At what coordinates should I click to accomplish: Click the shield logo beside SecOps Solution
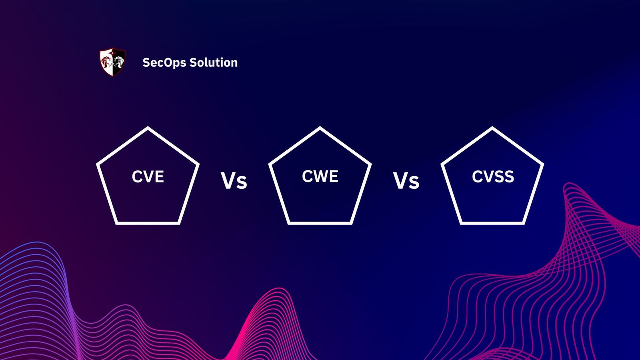click(112, 62)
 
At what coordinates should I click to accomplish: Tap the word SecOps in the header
click(164, 63)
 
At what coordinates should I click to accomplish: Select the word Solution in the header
click(214, 62)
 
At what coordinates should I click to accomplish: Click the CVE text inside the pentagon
click(148, 177)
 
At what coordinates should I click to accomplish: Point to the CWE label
click(320, 176)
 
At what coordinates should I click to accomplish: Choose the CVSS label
click(493, 177)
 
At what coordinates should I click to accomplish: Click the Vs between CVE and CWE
click(234, 181)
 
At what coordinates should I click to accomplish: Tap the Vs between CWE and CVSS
click(406, 181)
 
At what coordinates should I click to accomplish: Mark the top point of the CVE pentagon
click(148, 128)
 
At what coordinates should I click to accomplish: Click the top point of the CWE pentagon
click(320, 128)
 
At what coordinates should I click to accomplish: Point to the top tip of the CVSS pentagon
click(492, 128)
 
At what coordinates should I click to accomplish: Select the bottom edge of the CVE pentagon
click(148, 223)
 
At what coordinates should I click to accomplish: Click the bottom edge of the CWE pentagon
click(320, 223)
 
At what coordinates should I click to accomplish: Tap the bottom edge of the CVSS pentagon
click(492, 223)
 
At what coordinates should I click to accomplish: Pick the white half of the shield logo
click(107, 62)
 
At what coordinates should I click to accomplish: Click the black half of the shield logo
click(119, 62)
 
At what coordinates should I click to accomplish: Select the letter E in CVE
click(159, 177)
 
